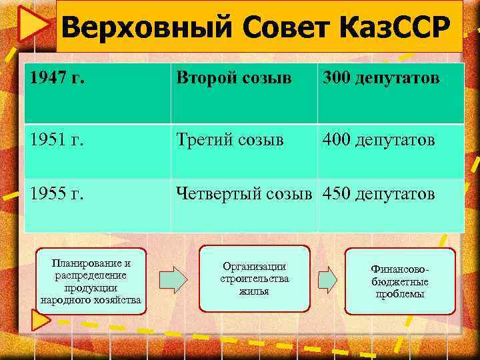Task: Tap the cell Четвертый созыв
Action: tap(244, 195)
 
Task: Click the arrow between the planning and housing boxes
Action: tap(173, 279)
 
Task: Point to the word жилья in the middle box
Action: tap(254, 291)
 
